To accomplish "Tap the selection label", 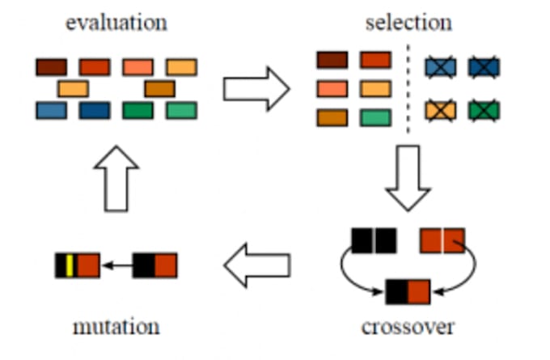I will tap(408, 21).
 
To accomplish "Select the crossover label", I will tap(408, 327).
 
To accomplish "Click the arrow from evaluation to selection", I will tap(256, 88).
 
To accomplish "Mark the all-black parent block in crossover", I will tap(374, 240).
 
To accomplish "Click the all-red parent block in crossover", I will tap(442, 240).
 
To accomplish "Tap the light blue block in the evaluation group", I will tap(51, 110).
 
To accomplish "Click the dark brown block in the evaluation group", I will tap(51, 66).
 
